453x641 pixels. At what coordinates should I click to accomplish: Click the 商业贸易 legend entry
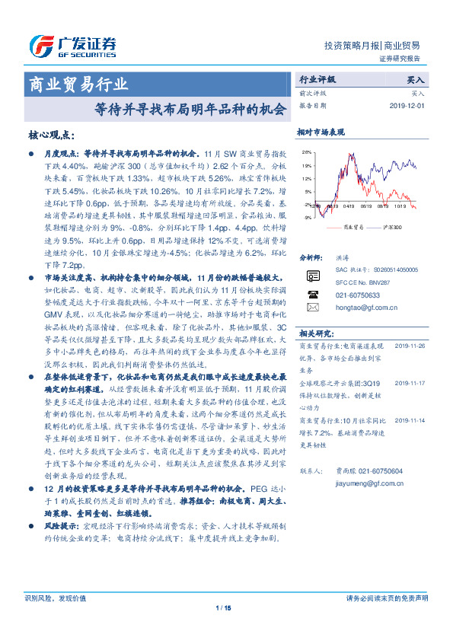(349, 227)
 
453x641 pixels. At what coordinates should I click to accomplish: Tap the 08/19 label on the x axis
(367, 206)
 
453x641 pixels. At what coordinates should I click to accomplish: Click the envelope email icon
(311, 307)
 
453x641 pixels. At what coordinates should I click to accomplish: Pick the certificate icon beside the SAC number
(311, 275)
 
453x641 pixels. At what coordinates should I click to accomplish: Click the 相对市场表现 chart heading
(321, 132)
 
